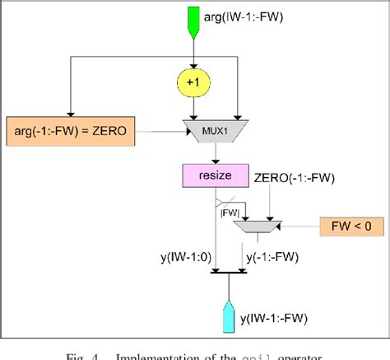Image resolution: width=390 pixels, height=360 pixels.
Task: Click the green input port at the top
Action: coord(193,21)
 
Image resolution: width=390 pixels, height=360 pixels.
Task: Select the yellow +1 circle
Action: coord(193,84)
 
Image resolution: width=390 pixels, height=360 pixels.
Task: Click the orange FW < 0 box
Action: coord(351,224)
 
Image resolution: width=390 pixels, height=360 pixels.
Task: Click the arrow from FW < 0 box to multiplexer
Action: coord(298,224)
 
